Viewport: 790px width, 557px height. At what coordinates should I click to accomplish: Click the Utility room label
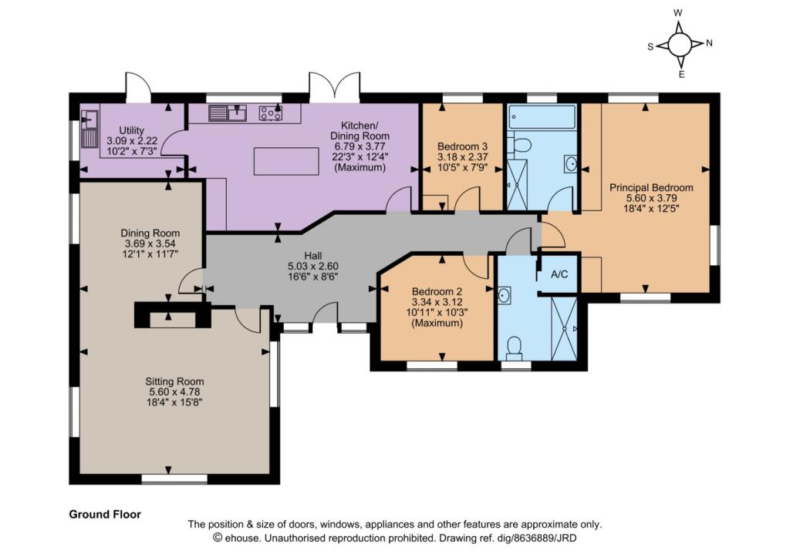pyautogui.click(x=131, y=130)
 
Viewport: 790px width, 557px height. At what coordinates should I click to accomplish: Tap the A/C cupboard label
pyautogui.click(x=559, y=274)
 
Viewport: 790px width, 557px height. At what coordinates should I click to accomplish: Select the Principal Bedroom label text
pyautogui.click(x=651, y=188)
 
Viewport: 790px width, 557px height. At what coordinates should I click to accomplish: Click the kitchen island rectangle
pyautogui.click(x=286, y=161)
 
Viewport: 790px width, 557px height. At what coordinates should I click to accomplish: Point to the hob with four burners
pyautogui.click(x=271, y=112)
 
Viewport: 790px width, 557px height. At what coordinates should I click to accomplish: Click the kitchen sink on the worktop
pyautogui.click(x=228, y=112)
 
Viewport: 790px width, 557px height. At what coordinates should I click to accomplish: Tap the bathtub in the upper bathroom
pyautogui.click(x=542, y=116)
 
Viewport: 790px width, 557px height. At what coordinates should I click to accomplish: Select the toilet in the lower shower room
pyautogui.click(x=515, y=348)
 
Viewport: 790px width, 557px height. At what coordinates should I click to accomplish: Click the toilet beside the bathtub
pyautogui.click(x=519, y=145)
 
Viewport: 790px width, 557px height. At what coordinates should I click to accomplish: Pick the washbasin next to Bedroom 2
pyautogui.click(x=504, y=295)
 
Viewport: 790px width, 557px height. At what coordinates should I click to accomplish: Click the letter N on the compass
pyautogui.click(x=710, y=43)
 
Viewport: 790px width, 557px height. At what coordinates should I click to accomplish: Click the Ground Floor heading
pyautogui.click(x=105, y=514)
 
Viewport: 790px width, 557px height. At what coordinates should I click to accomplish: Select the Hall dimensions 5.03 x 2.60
pyautogui.click(x=313, y=266)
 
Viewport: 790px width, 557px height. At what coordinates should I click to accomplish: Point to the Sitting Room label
pyautogui.click(x=174, y=381)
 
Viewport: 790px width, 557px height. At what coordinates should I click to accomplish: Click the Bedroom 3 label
pyautogui.click(x=463, y=146)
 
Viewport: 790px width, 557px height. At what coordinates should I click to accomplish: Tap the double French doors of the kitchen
pyautogui.click(x=335, y=88)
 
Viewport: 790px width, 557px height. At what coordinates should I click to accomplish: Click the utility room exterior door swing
pyautogui.click(x=138, y=86)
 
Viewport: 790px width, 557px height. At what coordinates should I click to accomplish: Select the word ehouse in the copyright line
pyautogui.click(x=243, y=538)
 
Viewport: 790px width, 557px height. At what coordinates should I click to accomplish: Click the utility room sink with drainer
pyautogui.click(x=89, y=129)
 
